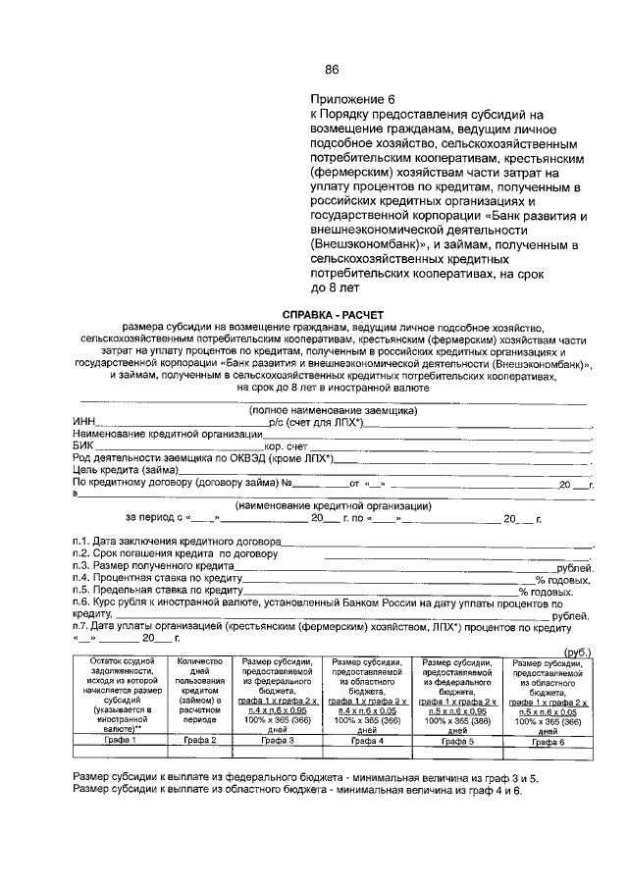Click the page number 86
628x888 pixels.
point(332,69)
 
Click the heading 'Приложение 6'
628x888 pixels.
point(351,100)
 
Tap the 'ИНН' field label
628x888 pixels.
point(84,422)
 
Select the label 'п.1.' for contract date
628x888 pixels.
point(82,543)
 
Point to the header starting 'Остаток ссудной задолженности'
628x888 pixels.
point(120,695)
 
